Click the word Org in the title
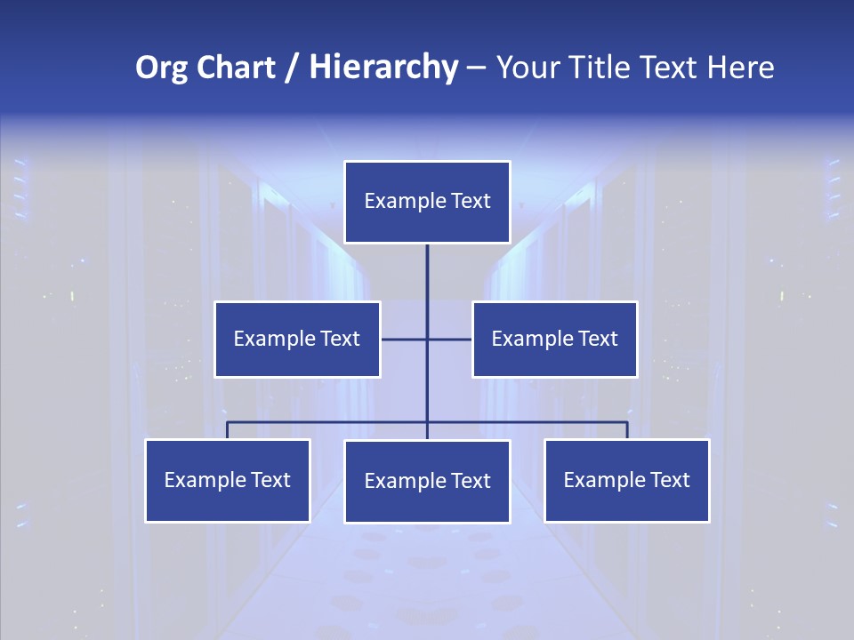pos(161,68)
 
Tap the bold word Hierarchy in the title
pos(383,68)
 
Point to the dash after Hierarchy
pos(476,68)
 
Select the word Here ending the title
pos(740,68)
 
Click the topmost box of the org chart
pos(427,202)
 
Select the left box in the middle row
pos(297,339)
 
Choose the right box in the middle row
pos(555,339)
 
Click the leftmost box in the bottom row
pos(228,480)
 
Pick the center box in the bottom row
pos(427,481)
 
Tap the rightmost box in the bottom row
pos(627,480)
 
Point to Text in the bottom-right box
pos(669,480)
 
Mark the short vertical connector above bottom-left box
pos(228,430)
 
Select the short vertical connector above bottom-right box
pos(627,430)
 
